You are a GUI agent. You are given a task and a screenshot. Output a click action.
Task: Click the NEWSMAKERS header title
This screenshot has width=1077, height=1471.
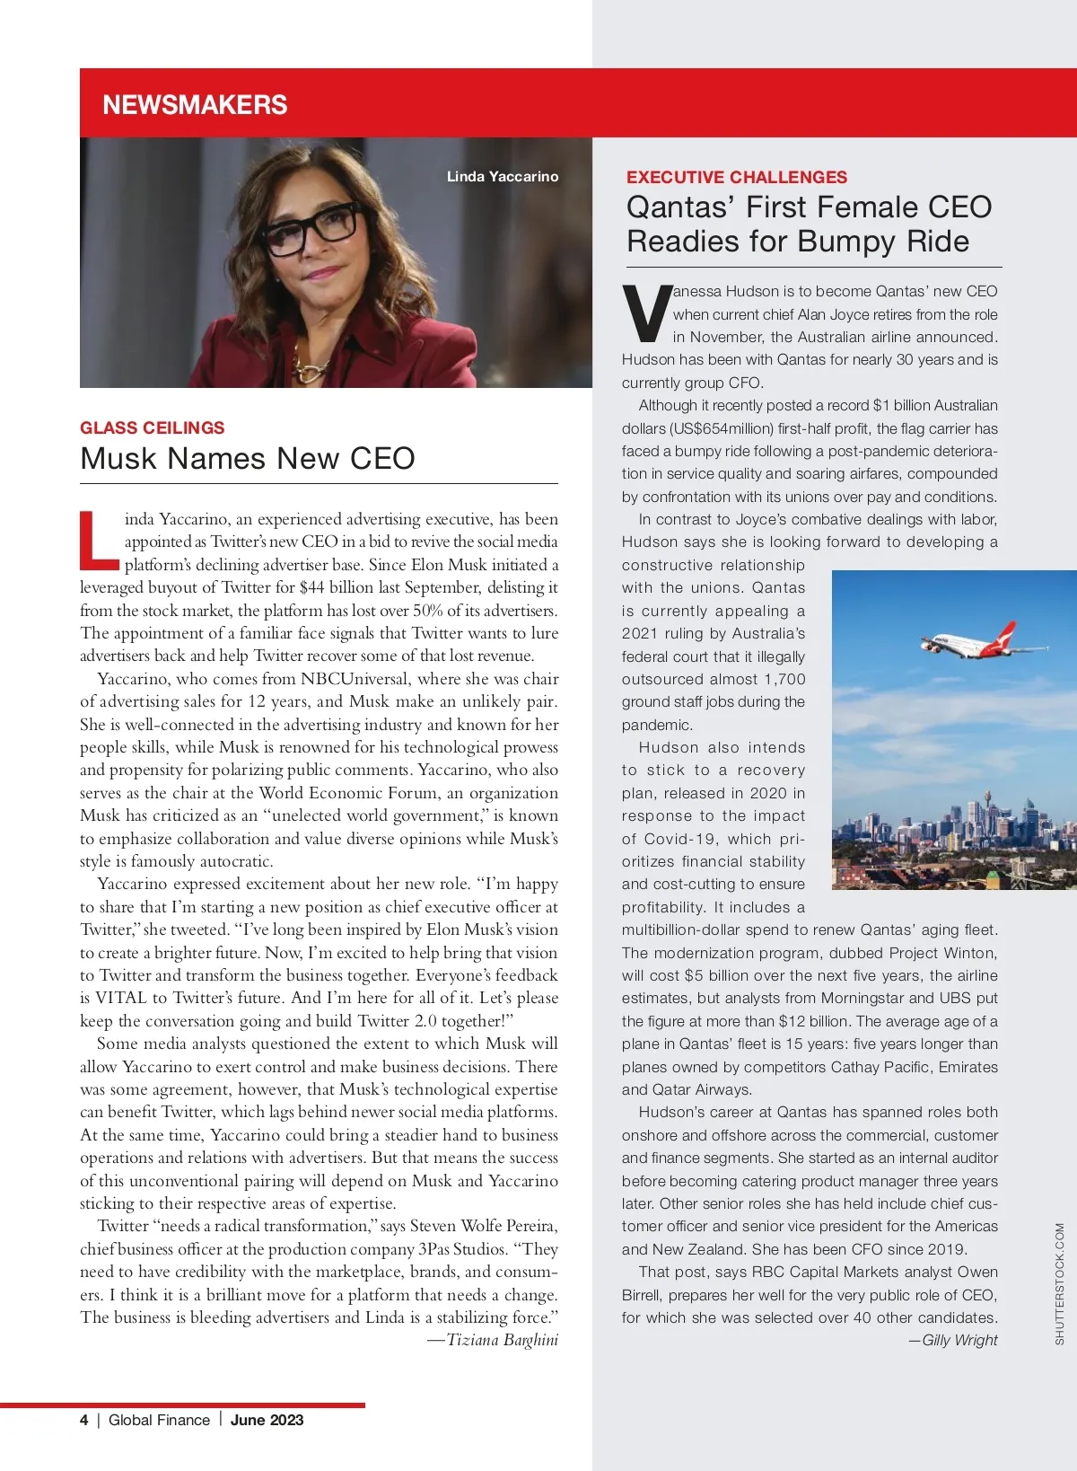pyautogui.click(x=195, y=105)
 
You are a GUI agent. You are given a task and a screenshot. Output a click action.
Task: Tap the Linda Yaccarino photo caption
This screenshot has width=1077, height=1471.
pyautogui.click(x=503, y=177)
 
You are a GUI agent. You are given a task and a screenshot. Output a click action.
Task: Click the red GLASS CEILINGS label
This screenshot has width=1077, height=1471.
pyautogui.click(x=153, y=427)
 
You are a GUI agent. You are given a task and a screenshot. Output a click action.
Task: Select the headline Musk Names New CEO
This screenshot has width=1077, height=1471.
pyautogui.click(x=248, y=459)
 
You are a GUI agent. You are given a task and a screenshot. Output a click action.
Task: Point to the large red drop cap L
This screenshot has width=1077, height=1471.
pyautogui.click(x=98, y=541)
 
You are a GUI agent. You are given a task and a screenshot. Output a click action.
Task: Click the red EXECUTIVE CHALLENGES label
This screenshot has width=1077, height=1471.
pyautogui.click(x=737, y=177)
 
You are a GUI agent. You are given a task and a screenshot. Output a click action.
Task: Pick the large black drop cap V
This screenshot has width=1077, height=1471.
pyautogui.click(x=646, y=314)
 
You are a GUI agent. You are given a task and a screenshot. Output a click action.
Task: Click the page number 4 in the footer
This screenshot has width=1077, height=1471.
pyautogui.click(x=84, y=1420)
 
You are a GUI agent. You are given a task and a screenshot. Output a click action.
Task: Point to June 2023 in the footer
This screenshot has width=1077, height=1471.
pyautogui.click(x=267, y=1420)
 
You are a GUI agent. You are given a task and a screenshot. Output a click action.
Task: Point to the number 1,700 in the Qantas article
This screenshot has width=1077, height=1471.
pyautogui.click(x=784, y=679)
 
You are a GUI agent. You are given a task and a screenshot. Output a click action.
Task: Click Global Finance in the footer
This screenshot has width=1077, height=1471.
pyautogui.click(x=159, y=1420)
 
